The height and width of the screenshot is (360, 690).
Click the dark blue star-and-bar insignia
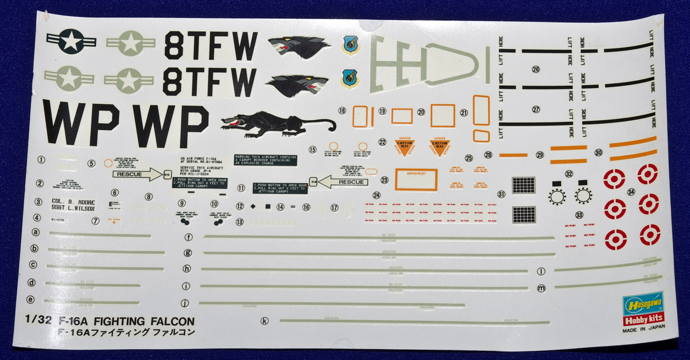pos(71,40)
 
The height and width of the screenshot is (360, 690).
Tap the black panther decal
pos(278,124)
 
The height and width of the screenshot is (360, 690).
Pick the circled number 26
pos(535,69)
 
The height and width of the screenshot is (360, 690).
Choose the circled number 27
pos(535,109)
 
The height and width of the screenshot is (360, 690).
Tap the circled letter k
pos(264,321)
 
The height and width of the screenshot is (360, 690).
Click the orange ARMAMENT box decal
pos(416,179)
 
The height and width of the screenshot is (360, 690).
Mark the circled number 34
pos(631,192)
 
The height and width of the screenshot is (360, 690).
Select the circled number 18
pos(342,110)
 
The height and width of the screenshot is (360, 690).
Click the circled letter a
pos(36,233)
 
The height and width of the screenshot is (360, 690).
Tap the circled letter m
pos(542,288)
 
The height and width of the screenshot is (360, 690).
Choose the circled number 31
pos(501,194)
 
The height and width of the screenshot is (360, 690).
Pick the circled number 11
pos(241,188)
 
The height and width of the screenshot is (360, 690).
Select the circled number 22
pos(382,142)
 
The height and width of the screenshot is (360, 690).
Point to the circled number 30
pos(598,153)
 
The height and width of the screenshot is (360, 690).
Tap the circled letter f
pos(188,237)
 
